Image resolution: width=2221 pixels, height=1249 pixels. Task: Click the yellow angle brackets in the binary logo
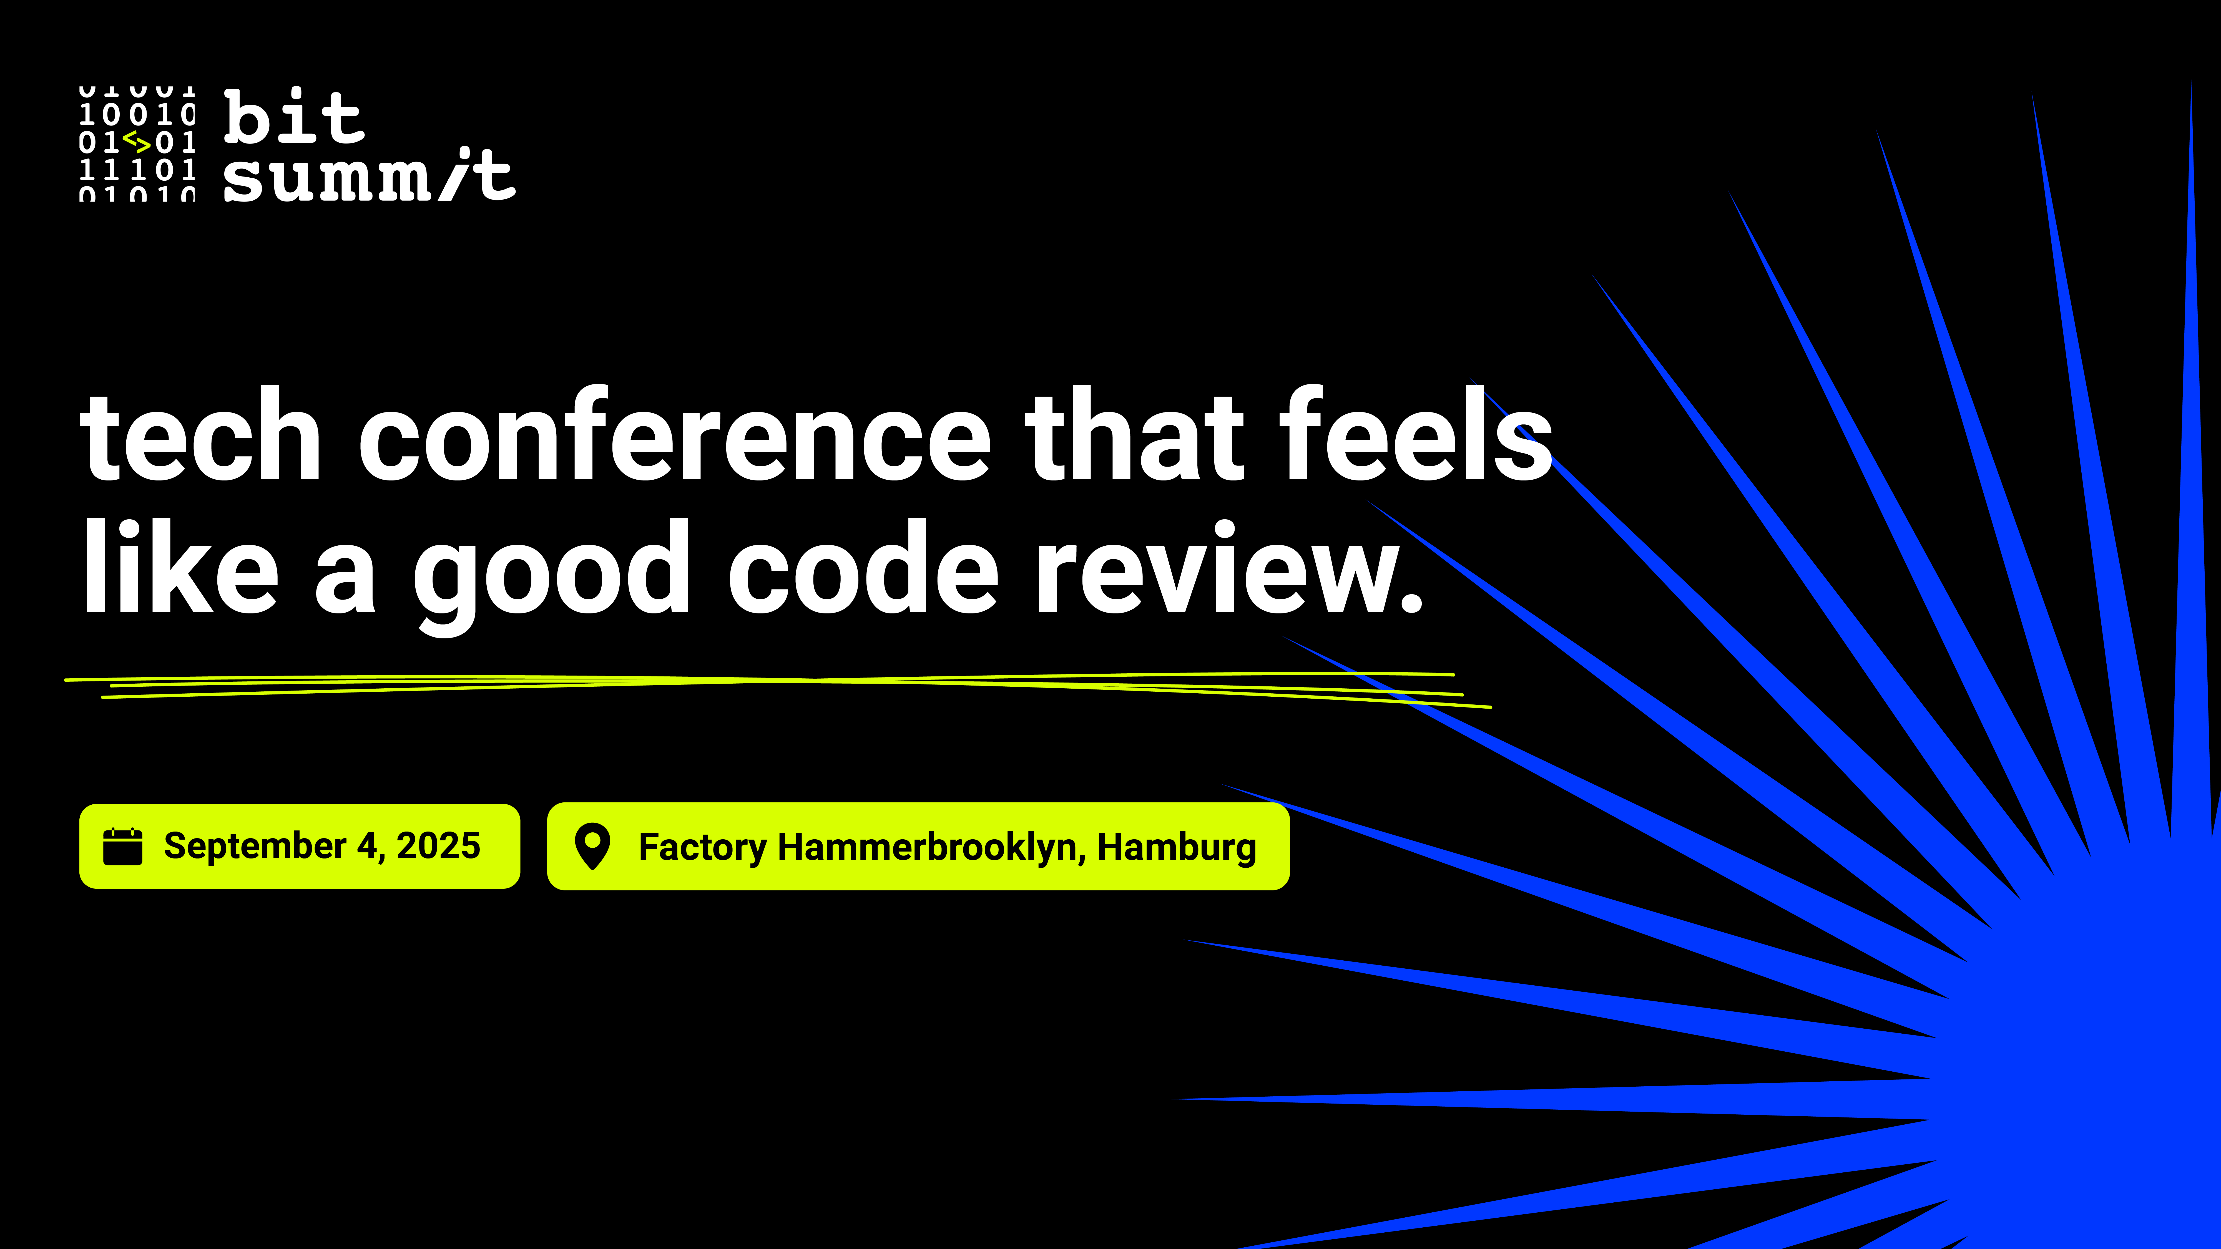coord(137,141)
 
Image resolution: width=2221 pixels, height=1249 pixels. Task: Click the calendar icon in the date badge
coord(122,847)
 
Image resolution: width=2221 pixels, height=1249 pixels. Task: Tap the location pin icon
coord(592,847)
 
